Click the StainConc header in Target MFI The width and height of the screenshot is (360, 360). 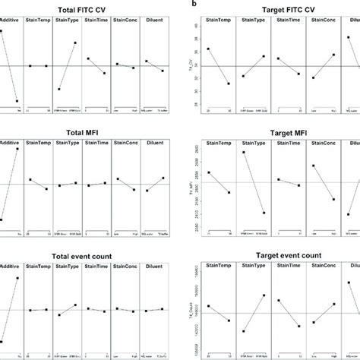coord(326,142)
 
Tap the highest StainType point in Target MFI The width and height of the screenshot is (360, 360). coord(243,153)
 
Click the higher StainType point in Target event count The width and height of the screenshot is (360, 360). coord(263,295)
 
